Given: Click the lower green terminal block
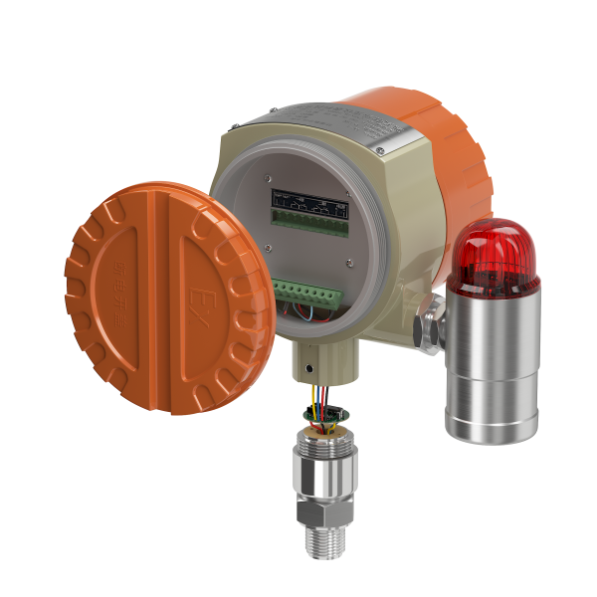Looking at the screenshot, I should pyautogui.click(x=310, y=295).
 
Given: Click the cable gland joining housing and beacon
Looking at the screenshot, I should pyautogui.click(x=430, y=323).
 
